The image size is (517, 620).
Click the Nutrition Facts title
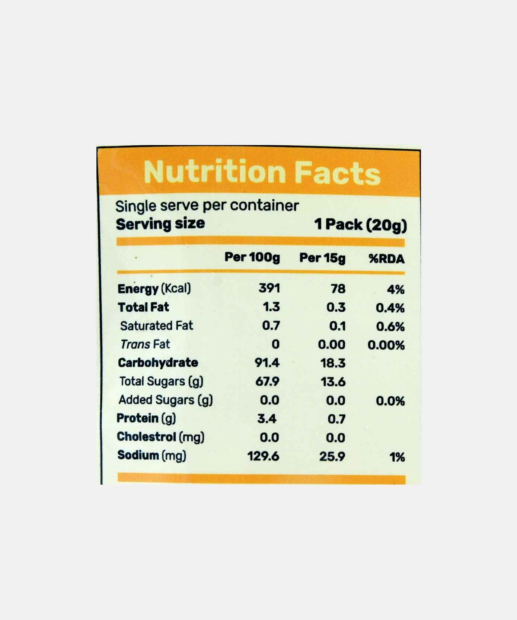pos(262,172)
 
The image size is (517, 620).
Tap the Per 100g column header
pos(252,257)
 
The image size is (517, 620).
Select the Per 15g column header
pos(322,258)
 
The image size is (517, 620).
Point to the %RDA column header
pos(386,259)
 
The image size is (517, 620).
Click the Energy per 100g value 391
pos(269,288)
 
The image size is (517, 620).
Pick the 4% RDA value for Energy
pos(396,289)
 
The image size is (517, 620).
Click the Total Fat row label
pos(143,307)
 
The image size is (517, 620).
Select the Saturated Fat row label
pos(156,326)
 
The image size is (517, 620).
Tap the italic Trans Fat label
pos(145,344)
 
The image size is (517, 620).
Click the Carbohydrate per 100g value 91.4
pos(267,363)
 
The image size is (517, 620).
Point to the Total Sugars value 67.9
pos(267,381)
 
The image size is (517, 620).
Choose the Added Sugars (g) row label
pos(166,400)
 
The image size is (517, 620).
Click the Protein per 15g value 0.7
pos(336,419)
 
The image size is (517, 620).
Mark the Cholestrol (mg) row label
pos(160,437)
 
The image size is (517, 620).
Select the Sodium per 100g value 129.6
pos(263,456)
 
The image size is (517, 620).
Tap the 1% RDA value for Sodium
pos(397,457)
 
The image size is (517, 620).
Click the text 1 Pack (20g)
pos(360,225)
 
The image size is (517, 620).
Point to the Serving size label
pos(160,224)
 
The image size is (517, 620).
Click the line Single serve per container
pos(207,206)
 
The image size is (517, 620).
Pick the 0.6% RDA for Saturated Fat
pos(390,327)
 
